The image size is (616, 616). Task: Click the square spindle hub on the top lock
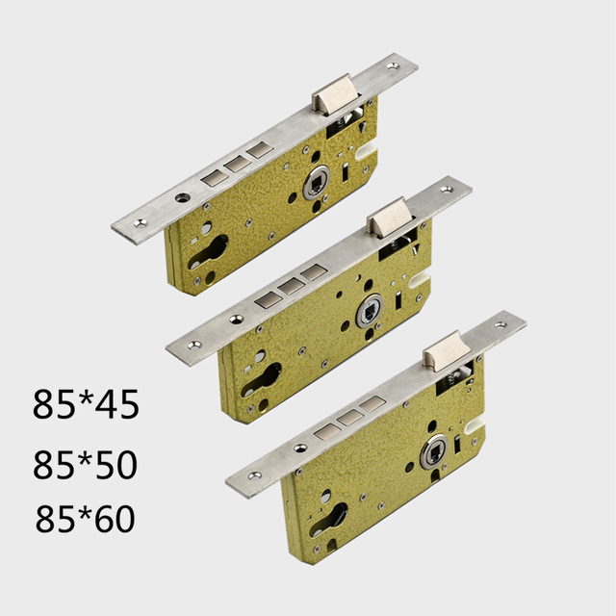coord(316,182)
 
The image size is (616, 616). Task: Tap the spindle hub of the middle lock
coord(369,310)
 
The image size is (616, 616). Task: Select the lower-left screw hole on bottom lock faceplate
coord(254,476)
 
